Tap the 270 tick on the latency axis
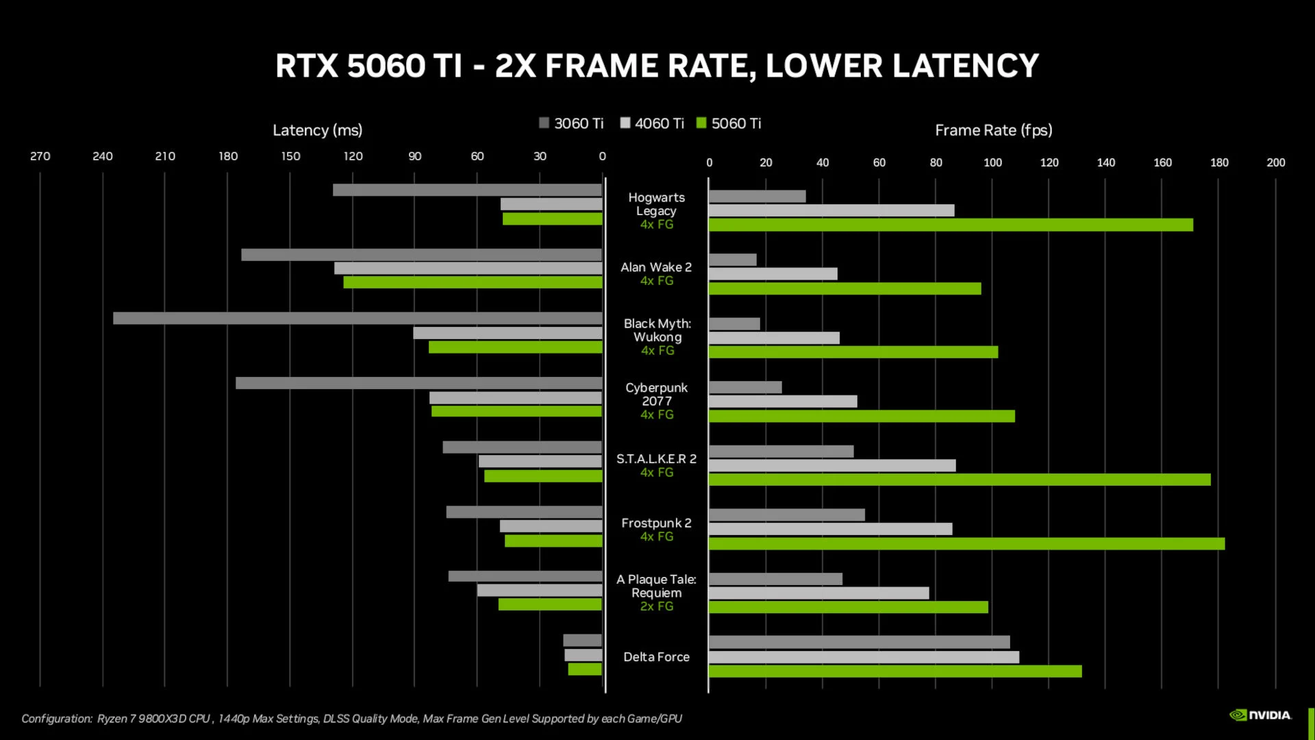(x=40, y=156)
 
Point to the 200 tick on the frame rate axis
(x=1275, y=162)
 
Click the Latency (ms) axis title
(x=317, y=130)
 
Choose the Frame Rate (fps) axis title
(x=993, y=130)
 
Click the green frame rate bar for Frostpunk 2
(x=966, y=543)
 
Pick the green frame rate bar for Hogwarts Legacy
(x=951, y=225)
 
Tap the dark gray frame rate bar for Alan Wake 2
(x=733, y=260)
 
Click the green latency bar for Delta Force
(x=585, y=669)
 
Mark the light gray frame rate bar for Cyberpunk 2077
(x=783, y=402)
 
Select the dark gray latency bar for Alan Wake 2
(x=421, y=255)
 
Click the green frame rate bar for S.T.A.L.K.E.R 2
(x=960, y=480)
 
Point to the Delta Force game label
(x=656, y=656)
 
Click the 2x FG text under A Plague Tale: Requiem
(x=656, y=606)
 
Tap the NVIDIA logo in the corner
(x=1260, y=715)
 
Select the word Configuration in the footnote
(x=57, y=719)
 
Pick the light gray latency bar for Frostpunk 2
(x=551, y=526)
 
